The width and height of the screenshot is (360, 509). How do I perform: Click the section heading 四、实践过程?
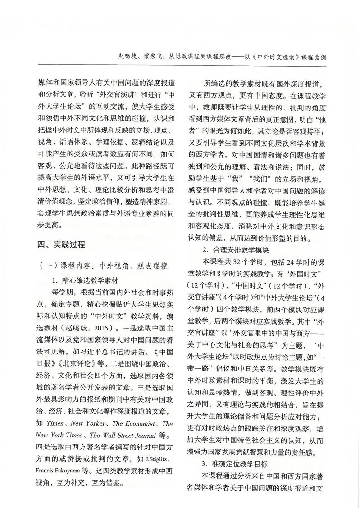(61, 245)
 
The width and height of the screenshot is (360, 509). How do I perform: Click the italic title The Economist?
(137, 424)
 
